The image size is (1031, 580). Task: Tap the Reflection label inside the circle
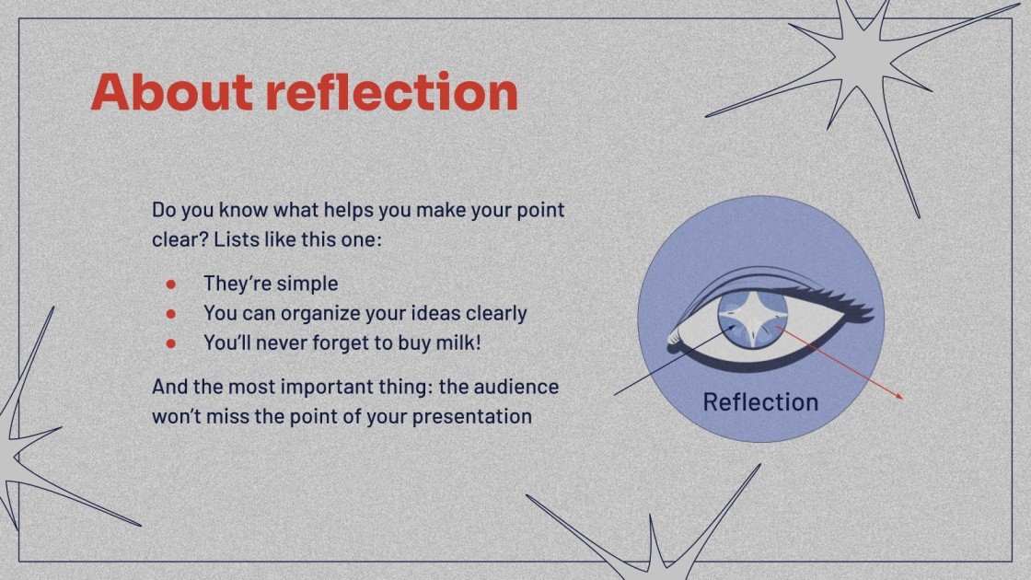coord(760,402)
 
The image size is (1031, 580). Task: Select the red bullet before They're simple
coord(171,284)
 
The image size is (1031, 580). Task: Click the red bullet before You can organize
coord(171,314)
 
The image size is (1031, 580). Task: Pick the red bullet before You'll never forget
coord(171,343)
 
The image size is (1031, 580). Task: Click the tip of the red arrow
coord(901,398)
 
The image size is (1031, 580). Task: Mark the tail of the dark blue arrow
coord(615,394)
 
